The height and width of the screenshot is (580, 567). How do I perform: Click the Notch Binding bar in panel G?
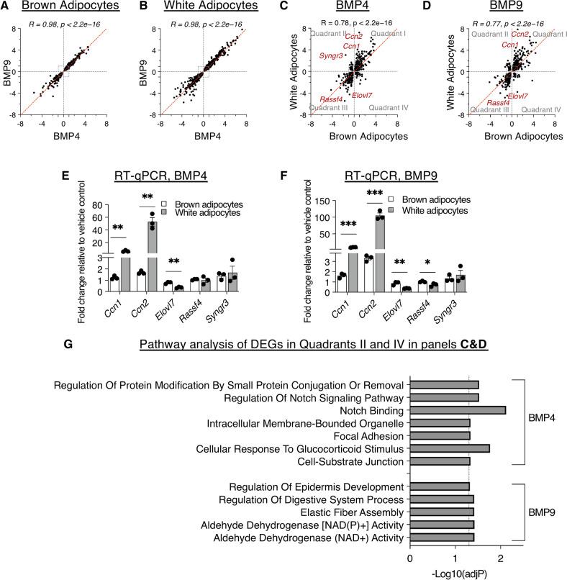(458, 410)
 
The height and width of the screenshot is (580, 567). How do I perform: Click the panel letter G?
(68, 343)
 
